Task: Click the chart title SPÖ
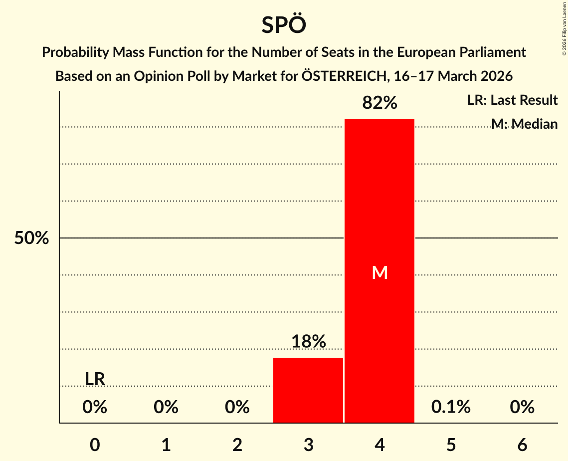[283, 25]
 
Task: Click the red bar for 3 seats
[308, 390]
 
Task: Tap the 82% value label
[379, 103]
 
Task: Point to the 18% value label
[308, 342]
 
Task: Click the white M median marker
[379, 272]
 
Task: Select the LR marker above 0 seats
[95, 379]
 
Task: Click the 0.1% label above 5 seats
[451, 407]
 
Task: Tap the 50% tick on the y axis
[31, 238]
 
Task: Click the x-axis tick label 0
[95, 445]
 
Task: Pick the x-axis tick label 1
[166, 445]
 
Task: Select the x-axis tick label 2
[237, 445]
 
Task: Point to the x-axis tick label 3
[308, 445]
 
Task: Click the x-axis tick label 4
[379, 445]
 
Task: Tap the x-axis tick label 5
[451, 445]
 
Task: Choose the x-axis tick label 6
[522, 445]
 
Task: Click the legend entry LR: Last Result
[512, 100]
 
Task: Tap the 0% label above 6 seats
[522, 407]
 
